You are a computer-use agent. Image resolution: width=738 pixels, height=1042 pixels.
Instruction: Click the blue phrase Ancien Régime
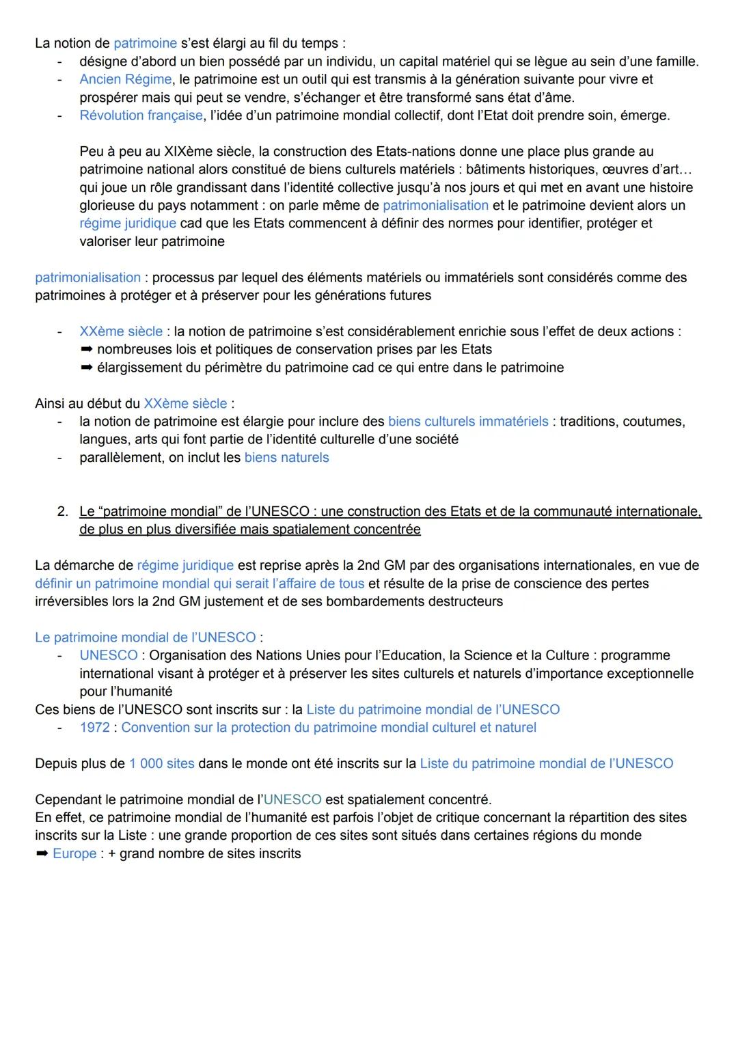pos(125,80)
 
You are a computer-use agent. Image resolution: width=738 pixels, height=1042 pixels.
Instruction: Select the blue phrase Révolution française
pos(141,115)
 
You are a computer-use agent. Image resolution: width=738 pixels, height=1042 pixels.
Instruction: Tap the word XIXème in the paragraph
pos(189,152)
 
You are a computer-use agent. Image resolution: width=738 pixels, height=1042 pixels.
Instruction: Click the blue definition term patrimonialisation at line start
pos(87,278)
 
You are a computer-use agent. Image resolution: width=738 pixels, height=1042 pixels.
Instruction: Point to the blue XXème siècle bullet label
pos(121,332)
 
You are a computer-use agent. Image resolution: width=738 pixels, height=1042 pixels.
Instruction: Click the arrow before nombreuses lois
pos(86,350)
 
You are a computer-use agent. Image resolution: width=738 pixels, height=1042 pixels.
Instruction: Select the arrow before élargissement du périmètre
pos(86,368)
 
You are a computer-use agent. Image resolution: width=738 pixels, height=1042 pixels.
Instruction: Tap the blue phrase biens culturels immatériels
pos(468,422)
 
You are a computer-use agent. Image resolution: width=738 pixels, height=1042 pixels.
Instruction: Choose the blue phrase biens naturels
pos(286,458)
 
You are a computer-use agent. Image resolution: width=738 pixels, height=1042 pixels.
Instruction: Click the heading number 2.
pos(62,512)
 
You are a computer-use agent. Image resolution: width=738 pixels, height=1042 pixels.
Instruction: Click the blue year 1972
pos(94,728)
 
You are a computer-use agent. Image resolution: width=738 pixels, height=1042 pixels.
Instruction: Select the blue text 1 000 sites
pos(161,764)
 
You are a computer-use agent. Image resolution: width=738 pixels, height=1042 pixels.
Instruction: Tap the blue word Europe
pos(74,854)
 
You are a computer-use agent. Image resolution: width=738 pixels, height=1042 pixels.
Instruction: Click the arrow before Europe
pos(42,854)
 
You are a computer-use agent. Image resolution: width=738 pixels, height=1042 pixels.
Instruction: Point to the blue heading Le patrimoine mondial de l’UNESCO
pos(146,637)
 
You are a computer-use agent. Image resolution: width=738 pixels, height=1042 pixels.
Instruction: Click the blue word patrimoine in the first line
pos(145,44)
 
